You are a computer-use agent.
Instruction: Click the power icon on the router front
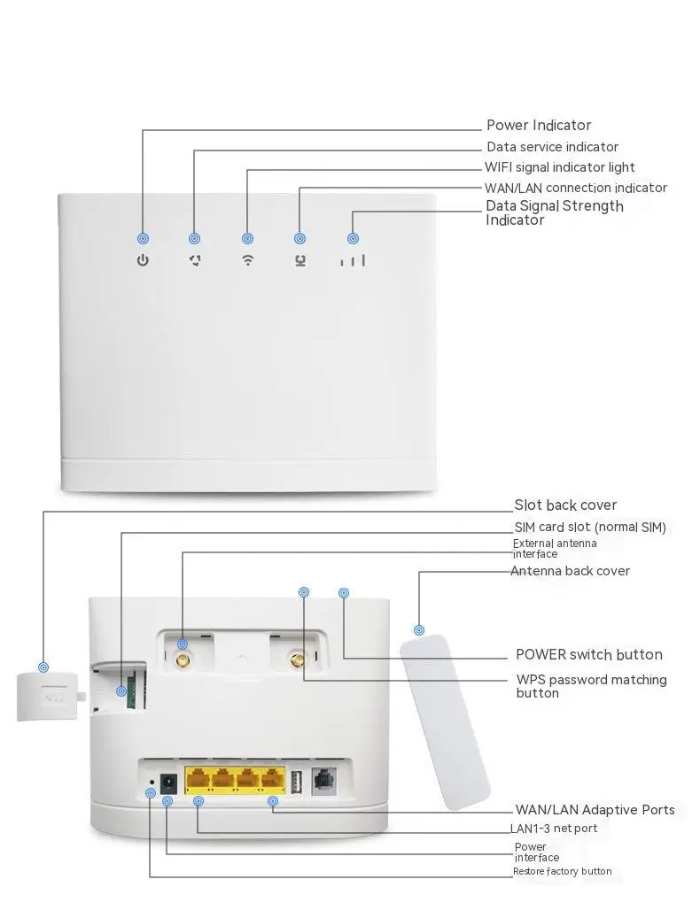tap(143, 260)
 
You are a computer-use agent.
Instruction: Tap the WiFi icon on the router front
tap(248, 260)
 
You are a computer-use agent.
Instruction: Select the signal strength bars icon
tap(354, 260)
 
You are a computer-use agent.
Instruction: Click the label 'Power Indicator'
tap(539, 126)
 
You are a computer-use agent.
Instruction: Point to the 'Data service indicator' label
tap(552, 147)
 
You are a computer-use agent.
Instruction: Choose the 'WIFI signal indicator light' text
tap(559, 167)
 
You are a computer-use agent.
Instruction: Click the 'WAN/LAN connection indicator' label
tap(576, 188)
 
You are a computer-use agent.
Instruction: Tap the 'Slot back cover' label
tap(565, 505)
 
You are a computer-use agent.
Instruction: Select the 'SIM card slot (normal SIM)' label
tap(590, 528)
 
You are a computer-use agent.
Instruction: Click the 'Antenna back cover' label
tap(570, 571)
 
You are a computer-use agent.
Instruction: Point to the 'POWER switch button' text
tap(589, 655)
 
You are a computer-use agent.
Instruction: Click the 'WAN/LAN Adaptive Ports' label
tap(595, 810)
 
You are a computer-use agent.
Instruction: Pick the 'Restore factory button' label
tap(562, 871)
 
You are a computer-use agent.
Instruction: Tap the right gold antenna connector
tap(298, 660)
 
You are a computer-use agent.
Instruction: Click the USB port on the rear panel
tap(296, 781)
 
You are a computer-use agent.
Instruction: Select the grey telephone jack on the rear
tap(324, 781)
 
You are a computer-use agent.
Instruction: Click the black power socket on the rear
tap(168, 783)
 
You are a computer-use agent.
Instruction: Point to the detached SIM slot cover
tap(48, 696)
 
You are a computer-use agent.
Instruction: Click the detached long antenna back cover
tap(445, 721)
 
